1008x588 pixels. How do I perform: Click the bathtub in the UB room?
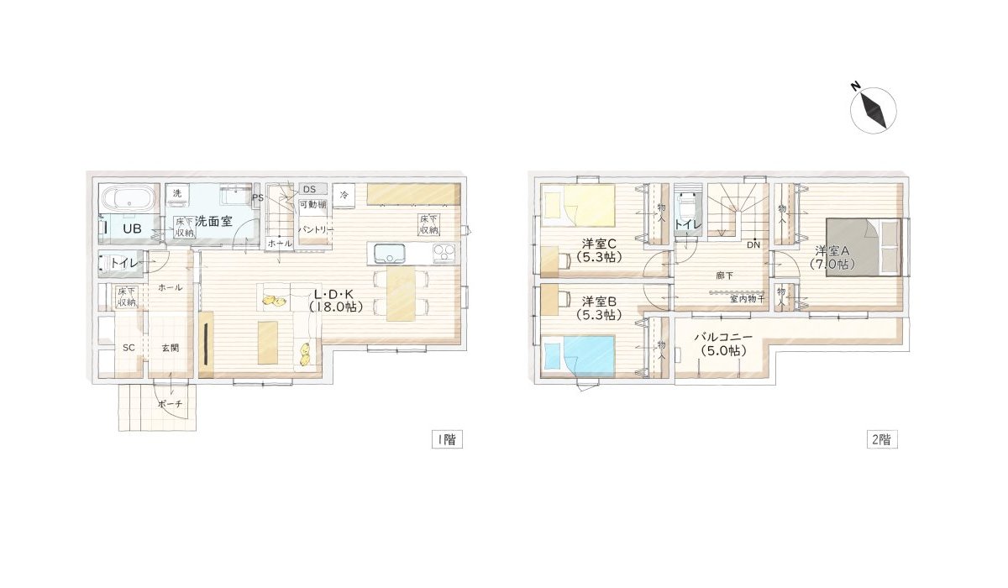pyautogui.click(x=129, y=201)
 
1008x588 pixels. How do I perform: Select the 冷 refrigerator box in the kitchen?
pyautogui.click(x=344, y=194)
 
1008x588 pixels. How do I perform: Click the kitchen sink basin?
pyautogui.click(x=389, y=253)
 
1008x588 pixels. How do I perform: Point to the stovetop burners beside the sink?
pyautogui.click(x=444, y=252)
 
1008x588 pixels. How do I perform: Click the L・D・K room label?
pyautogui.click(x=337, y=301)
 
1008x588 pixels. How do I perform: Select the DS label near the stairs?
pyautogui.click(x=309, y=189)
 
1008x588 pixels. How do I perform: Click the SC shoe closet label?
pyautogui.click(x=129, y=347)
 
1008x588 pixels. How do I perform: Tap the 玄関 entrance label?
pyautogui.click(x=170, y=347)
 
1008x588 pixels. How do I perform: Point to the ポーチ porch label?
pyautogui.click(x=170, y=404)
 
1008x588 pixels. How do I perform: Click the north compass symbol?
pyautogui.click(x=874, y=110)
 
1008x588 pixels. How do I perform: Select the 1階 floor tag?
pyautogui.click(x=446, y=439)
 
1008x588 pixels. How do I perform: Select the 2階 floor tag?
pyautogui.click(x=881, y=439)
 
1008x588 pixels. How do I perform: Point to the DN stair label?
pyautogui.click(x=753, y=245)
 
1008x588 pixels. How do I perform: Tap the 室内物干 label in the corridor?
pyautogui.click(x=746, y=298)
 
